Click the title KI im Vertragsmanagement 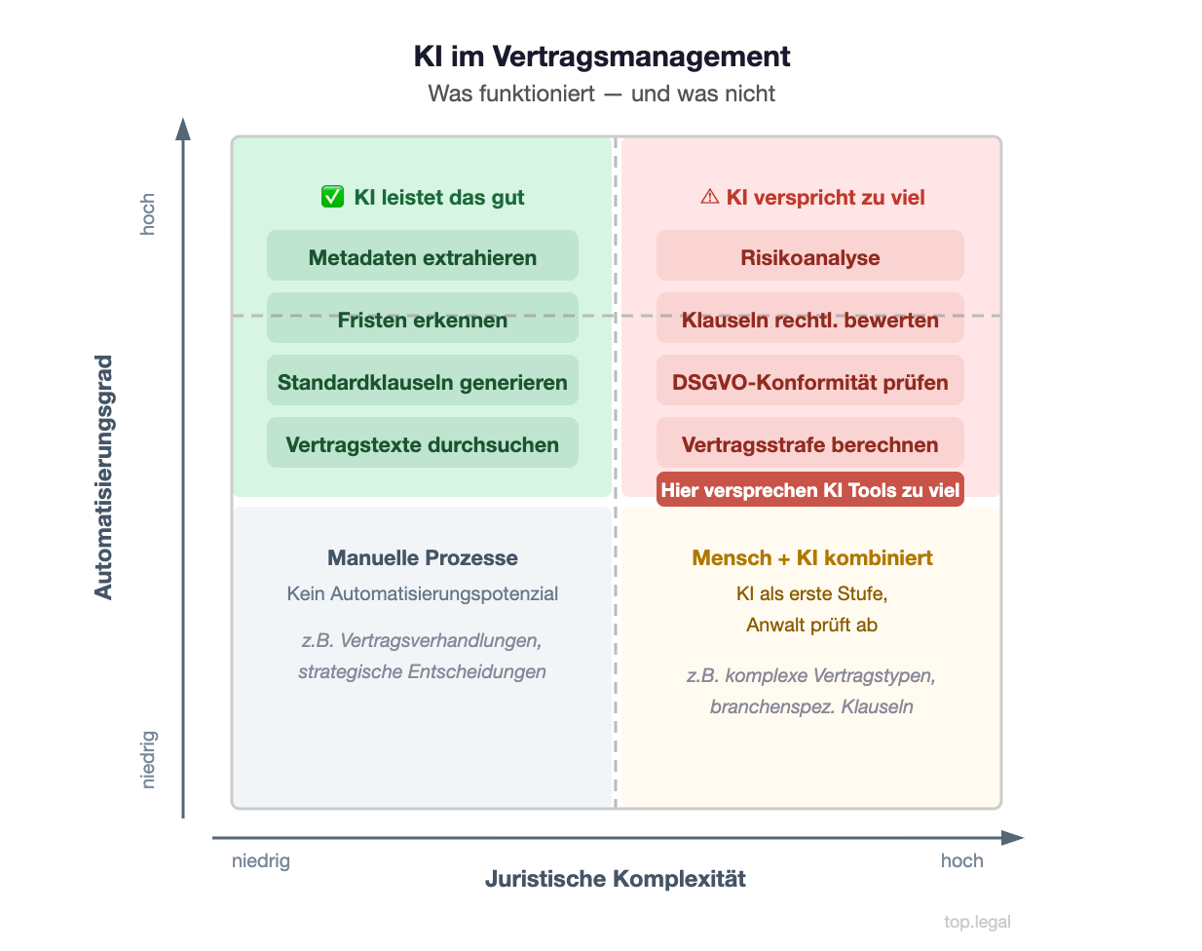(602, 57)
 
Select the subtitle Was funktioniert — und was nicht (601, 94)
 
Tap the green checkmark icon (332, 197)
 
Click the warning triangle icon (709, 197)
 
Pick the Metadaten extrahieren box (423, 256)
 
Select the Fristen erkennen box (423, 319)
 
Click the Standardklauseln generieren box (423, 381)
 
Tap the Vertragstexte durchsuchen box (423, 443)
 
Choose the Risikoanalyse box (809, 256)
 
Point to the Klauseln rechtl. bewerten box (809, 319)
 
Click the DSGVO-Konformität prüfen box (809, 381)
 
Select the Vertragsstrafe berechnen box (809, 443)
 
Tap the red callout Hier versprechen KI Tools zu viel (810, 490)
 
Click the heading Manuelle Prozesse (423, 558)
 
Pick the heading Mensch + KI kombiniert (812, 558)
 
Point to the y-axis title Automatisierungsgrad (103, 476)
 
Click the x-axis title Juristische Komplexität (616, 879)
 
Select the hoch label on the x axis (961, 860)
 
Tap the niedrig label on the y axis (148, 759)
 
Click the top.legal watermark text (977, 922)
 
